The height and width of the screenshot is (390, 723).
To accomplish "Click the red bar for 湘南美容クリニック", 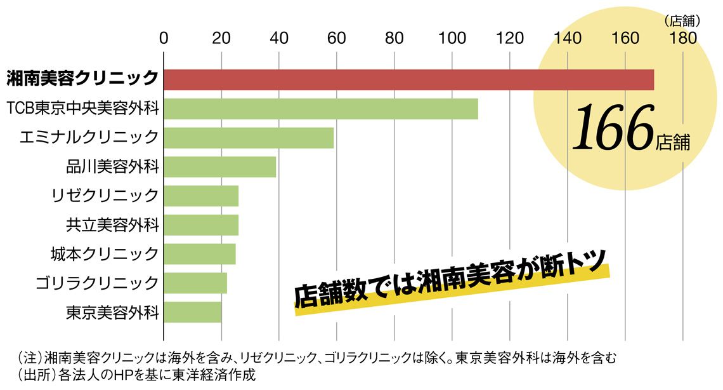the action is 409,80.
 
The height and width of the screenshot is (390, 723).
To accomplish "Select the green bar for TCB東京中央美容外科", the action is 321,109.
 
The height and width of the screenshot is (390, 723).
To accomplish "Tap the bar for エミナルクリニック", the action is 249,138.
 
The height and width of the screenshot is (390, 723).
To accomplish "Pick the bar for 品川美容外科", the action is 220,166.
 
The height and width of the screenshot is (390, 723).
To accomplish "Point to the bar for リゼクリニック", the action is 202,196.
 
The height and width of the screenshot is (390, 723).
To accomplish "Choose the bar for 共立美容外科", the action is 202,225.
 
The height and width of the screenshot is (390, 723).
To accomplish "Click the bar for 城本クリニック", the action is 200,254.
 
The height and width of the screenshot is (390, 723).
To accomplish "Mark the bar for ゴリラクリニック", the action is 195,283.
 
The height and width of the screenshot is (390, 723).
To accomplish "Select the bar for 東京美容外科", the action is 193,312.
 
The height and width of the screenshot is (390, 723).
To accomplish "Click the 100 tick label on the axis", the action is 452,38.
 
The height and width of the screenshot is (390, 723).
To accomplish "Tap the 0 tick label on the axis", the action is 164,38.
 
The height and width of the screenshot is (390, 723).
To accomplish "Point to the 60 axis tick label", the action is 337,38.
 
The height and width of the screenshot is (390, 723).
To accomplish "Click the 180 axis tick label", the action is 683,38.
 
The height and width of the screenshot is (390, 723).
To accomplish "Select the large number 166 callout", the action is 613,128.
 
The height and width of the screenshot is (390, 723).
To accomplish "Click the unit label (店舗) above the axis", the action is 682,21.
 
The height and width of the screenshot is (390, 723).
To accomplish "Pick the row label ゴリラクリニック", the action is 97,283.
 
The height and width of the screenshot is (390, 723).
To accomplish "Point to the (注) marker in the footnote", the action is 30,358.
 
